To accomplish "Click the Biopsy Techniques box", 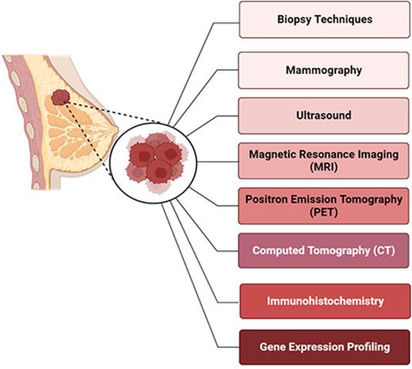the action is tap(324, 19).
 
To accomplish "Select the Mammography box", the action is tap(323, 70).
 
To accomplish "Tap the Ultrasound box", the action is tap(323, 116).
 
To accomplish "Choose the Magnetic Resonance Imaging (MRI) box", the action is tap(323, 161).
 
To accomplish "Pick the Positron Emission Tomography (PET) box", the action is tap(323, 206).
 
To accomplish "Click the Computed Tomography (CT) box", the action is tap(323, 250).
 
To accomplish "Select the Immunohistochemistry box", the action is tap(325, 301).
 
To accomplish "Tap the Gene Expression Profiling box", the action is tap(325, 347).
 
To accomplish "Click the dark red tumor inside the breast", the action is tap(61, 97).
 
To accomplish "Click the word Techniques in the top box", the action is tap(343, 19).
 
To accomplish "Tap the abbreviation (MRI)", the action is tap(323, 167).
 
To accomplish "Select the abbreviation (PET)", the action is tap(323, 212).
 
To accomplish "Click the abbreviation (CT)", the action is tap(384, 250).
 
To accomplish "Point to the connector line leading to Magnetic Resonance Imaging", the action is tap(218, 162).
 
